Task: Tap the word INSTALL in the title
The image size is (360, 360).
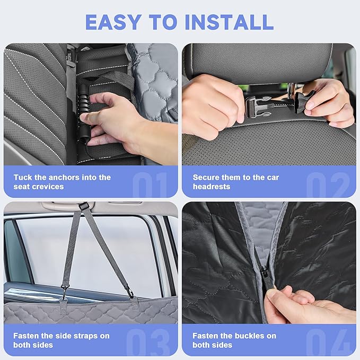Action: [229, 22]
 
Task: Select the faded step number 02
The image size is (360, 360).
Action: [328, 185]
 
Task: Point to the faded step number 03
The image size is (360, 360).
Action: [147, 342]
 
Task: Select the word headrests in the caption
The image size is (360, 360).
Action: [212, 187]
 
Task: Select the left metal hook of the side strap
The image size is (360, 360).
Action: [65, 292]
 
